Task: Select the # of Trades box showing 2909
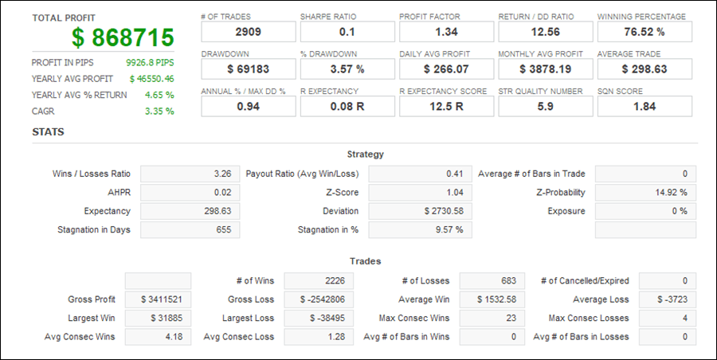pyautogui.click(x=248, y=32)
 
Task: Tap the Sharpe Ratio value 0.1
pyautogui.click(x=347, y=32)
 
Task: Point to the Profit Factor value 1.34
pyautogui.click(x=445, y=32)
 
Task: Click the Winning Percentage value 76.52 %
pyautogui.click(x=644, y=32)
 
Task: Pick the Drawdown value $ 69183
pyautogui.click(x=248, y=69)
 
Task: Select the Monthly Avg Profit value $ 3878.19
pyautogui.click(x=545, y=69)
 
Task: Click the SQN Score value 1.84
pyautogui.click(x=644, y=107)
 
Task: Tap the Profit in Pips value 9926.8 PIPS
pyautogui.click(x=150, y=62)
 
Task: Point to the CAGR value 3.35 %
pyautogui.click(x=159, y=111)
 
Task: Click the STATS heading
pyautogui.click(x=48, y=132)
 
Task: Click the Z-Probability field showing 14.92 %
pyautogui.click(x=645, y=192)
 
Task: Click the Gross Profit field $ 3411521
pyautogui.click(x=158, y=299)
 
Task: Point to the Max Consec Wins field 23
pyautogui.click(x=492, y=318)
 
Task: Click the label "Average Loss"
pyautogui.click(x=601, y=299)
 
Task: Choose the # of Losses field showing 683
pyautogui.click(x=492, y=280)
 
